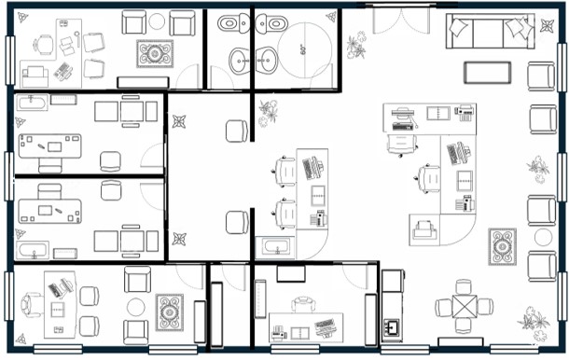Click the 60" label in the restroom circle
[304, 49]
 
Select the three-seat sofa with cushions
[491, 31]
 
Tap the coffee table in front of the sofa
[487, 73]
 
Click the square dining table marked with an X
[465, 307]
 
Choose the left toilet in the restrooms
[232, 24]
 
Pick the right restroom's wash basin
[267, 61]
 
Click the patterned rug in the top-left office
[155, 54]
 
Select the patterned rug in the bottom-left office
[170, 312]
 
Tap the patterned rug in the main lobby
[502, 247]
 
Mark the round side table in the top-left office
[157, 21]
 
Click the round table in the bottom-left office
[136, 307]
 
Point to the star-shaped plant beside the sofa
[547, 26]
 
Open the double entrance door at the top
[401, 18]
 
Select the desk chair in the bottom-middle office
[303, 304]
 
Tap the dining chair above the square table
[464, 286]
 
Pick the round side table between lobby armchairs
[543, 237]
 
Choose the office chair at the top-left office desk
[43, 45]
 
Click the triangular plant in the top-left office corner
[23, 17]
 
